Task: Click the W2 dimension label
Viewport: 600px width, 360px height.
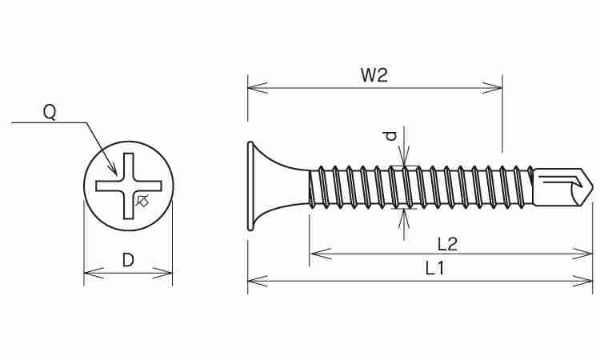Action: tap(374, 75)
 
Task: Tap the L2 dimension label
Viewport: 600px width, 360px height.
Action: tap(447, 244)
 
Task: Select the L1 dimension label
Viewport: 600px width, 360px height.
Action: tap(434, 268)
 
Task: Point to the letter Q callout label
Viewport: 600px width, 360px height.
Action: tap(50, 113)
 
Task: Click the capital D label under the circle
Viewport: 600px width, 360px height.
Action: tap(128, 260)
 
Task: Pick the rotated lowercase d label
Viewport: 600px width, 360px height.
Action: tap(391, 135)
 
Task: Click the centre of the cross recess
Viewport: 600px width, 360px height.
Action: tap(129, 186)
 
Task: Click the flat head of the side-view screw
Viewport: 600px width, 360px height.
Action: tap(250, 186)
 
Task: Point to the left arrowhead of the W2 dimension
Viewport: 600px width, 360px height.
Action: tap(258, 88)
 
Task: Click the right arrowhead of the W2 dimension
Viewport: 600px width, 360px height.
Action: tap(492, 88)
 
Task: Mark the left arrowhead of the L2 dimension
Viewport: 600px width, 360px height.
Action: tap(319, 254)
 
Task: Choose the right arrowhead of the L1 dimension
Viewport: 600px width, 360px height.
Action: tap(582, 281)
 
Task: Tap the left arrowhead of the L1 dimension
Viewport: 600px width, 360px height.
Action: tap(258, 281)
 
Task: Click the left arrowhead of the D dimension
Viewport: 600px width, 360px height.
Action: tap(94, 273)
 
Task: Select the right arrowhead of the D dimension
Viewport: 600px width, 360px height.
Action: tap(162, 273)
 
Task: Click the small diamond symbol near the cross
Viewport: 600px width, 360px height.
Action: tap(142, 201)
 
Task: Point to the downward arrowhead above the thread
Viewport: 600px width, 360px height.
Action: tap(404, 156)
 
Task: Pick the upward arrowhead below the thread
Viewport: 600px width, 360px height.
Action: tap(404, 219)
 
